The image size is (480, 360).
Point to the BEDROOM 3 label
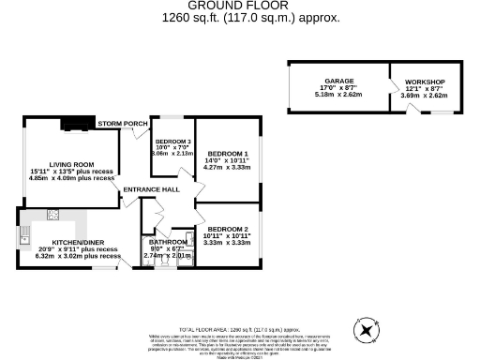(172, 141)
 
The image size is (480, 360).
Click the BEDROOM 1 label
(228, 154)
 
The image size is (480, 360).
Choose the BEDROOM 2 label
(228, 230)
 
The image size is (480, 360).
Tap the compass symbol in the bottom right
(367, 329)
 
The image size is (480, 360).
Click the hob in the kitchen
(53, 216)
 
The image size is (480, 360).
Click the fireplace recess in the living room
(75, 123)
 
